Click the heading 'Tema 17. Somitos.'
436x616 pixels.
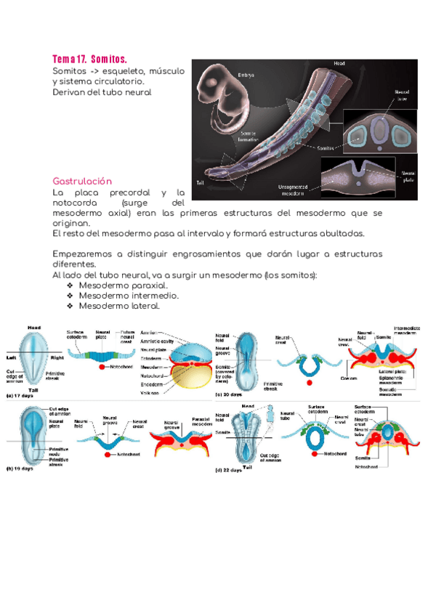pyautogui.click(x=89, y=58)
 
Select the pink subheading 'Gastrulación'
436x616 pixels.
pyautogui.click(x=82, y=180)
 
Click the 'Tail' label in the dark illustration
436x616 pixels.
pyautogui.click(x=199, y=182)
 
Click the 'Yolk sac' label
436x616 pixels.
pyautogui.click(x=150, y=392)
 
